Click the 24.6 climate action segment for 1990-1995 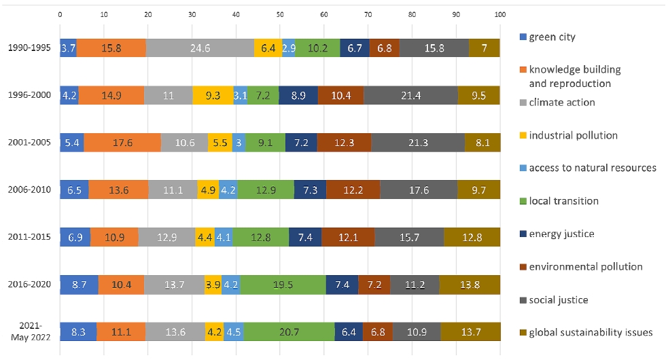200,48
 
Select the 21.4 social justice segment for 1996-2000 410,95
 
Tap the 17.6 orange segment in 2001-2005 122,142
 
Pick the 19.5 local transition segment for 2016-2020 283,285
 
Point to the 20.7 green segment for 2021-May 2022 289,331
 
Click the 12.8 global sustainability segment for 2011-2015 472,237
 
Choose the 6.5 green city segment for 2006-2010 74,190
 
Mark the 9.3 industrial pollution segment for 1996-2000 213,95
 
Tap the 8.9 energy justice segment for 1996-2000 298,95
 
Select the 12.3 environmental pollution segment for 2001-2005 345,142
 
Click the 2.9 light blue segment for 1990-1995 288,48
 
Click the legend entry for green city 548,37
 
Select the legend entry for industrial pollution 569,135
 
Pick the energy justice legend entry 557,234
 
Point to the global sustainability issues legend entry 586,332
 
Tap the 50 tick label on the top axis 280,14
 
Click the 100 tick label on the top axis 500,14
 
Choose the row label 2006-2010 29,190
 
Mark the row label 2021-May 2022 31,331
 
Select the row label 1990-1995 29,48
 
